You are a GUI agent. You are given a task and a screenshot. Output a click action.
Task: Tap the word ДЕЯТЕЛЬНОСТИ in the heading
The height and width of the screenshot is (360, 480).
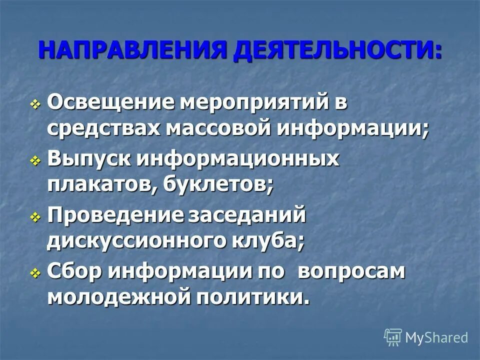335,51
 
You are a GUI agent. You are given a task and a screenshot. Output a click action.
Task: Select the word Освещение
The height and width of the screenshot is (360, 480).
111,103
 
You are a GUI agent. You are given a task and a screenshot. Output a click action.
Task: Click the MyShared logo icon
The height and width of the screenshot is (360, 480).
393,337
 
